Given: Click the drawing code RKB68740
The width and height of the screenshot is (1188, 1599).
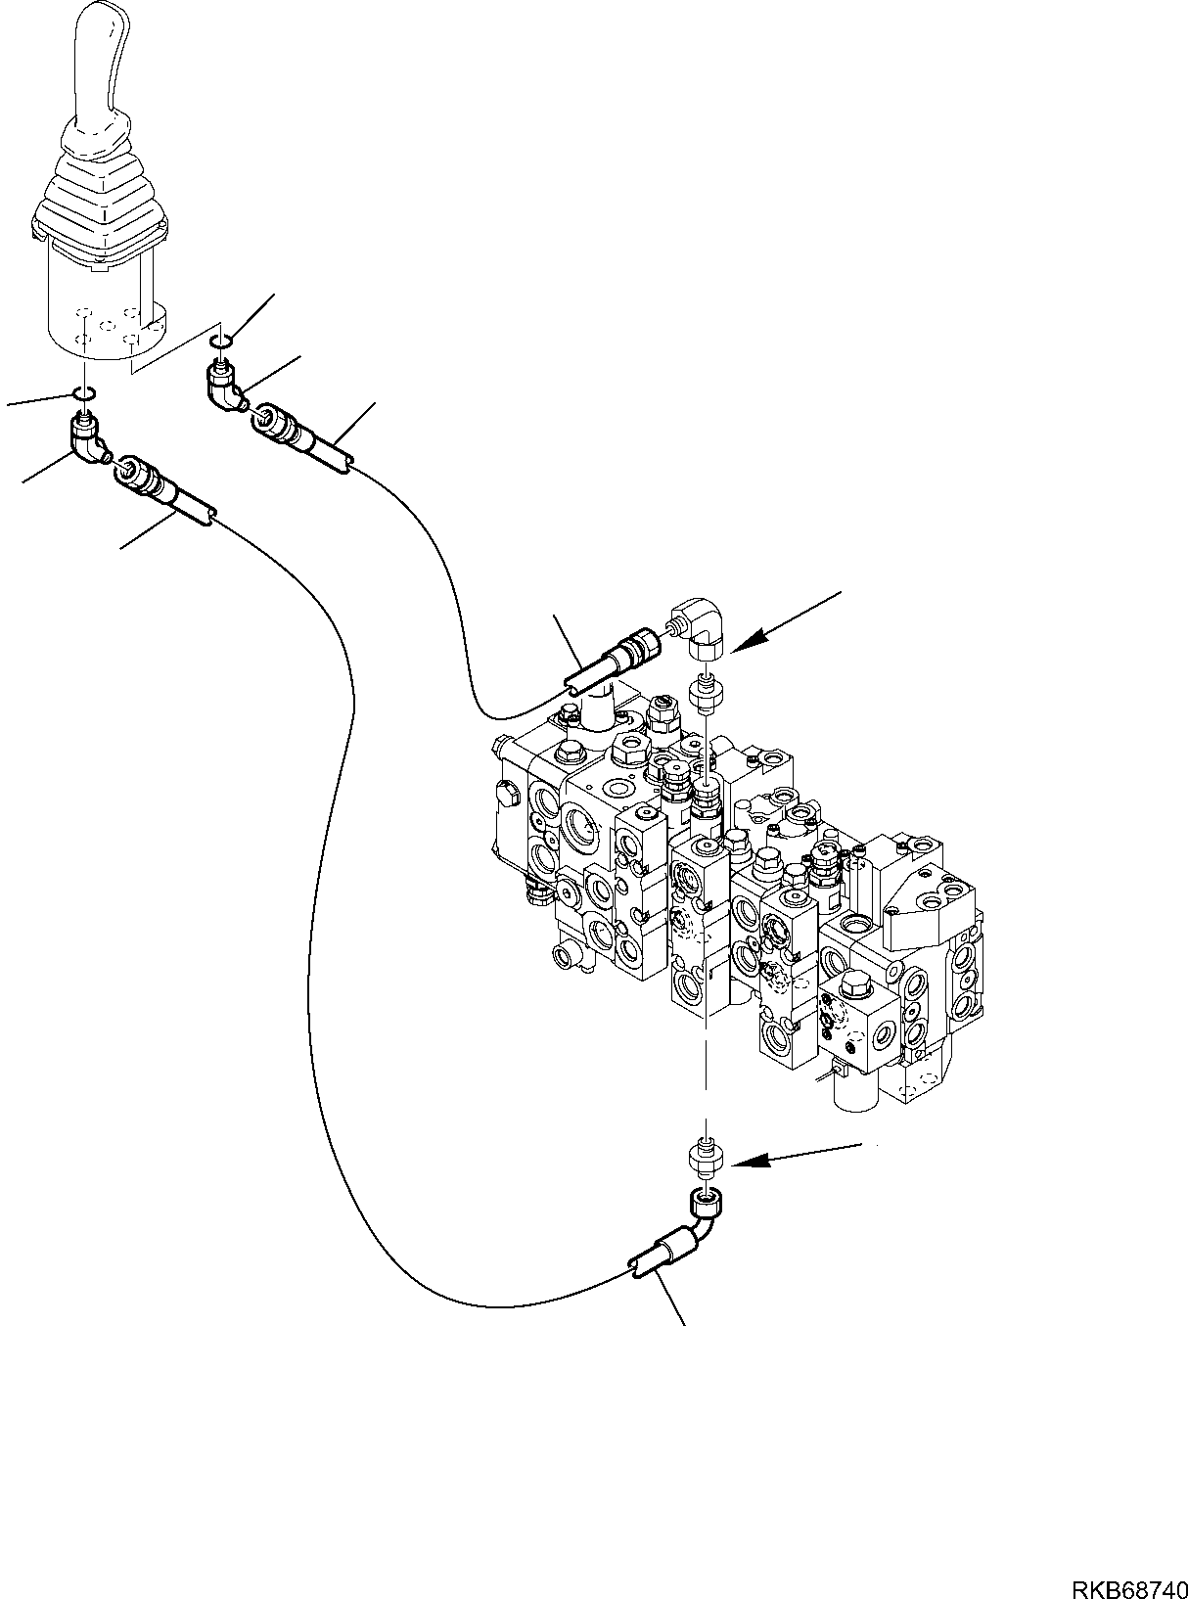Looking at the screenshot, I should [1124, 1584].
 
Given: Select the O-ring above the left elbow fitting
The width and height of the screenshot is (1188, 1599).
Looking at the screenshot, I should [84, 393].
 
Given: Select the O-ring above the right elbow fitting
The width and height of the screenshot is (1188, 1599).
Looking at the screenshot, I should [221, 340].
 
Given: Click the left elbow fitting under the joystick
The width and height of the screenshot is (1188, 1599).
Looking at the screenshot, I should [90, 440].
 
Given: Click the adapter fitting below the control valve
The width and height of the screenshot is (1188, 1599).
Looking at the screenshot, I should [704, 1157].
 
